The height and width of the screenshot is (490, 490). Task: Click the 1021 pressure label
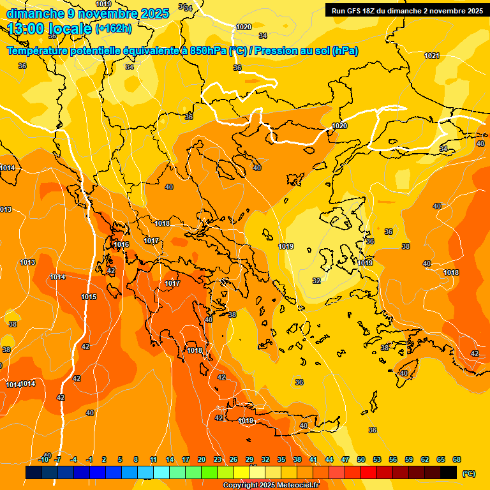(432, 56)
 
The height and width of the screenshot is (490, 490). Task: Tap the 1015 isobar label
(89, 297)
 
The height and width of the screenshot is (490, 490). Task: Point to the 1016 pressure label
(121, 244)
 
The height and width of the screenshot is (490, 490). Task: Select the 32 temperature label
(316, 281)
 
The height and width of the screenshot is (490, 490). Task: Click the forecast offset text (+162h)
(114, 29)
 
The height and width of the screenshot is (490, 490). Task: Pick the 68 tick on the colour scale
(457, 459)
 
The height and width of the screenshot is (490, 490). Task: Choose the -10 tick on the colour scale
(43, 459)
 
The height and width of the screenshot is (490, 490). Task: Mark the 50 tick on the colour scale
(361, 459)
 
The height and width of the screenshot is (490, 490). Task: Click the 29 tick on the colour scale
(249, 459)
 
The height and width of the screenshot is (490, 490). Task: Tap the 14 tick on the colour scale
(170, 459)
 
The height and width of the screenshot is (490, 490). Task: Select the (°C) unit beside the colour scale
(468, 473)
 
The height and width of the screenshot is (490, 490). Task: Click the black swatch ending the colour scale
(449, 473)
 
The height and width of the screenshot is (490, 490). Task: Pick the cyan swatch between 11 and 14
(161, 473)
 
